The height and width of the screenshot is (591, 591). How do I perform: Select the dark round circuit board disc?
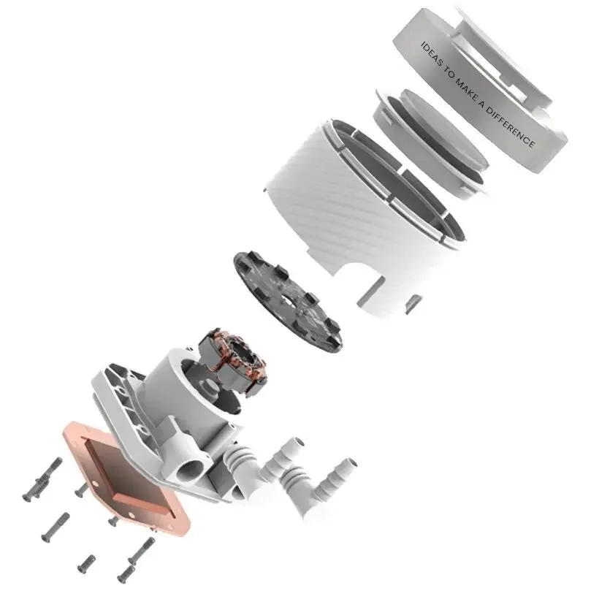point(289,302)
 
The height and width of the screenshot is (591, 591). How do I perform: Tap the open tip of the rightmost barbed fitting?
point(350,464)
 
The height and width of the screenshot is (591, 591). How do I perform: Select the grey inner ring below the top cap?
point(430,137)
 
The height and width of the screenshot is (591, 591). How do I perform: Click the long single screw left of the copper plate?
point(55,527)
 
